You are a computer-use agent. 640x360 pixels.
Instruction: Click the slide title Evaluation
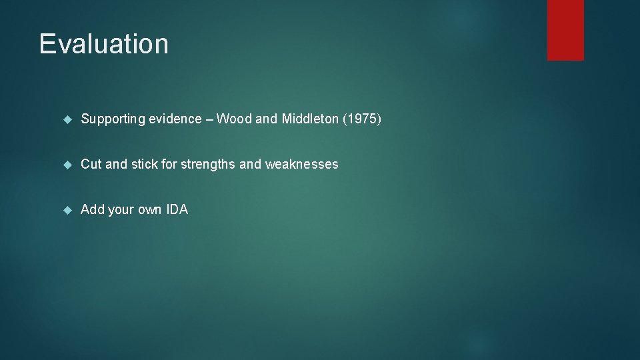click(103, 44)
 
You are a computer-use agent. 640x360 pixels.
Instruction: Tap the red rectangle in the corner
click(565, 30)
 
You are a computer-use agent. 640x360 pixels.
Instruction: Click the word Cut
click(91, 164)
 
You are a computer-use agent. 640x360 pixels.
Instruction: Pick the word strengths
click(206, 164)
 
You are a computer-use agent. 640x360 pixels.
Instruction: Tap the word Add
click(92, 209)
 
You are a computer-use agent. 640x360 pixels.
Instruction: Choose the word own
click(149, 209)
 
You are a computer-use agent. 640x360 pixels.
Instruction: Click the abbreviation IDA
click(177, 209)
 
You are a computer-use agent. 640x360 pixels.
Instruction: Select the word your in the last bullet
click(121, 209)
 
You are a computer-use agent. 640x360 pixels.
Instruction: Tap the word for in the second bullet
click(169, 164)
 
